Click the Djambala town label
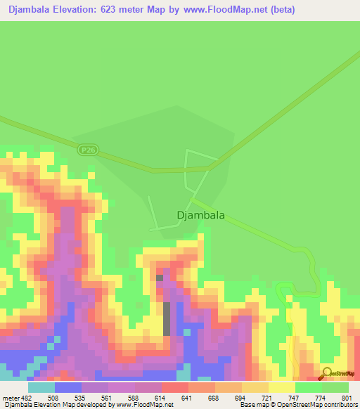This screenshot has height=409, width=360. pyautogui.click(x=200, y=216)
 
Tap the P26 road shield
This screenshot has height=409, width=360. pyautogui.click(x=87, y=150)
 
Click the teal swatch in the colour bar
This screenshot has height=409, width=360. pyautogui.click(x=41, y=387)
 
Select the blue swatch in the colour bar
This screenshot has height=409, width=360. pyautogui.click(x=67, y=387)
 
